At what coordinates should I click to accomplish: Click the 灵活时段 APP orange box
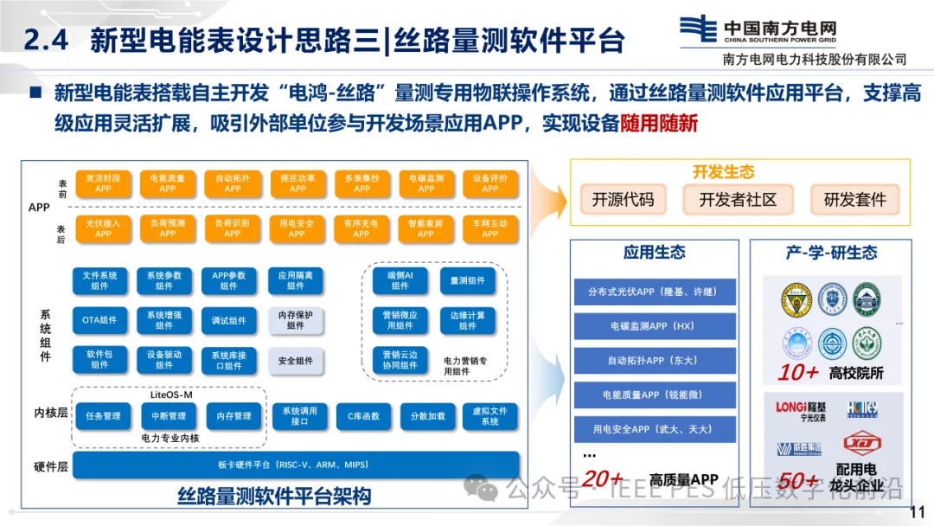[x=103, y=183]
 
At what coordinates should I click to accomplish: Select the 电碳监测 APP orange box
[x=426, y=183]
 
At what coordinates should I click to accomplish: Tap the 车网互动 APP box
[x=490, y=228]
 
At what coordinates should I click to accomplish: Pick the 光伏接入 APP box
[x=103, y=228]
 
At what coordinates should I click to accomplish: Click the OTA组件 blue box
[x=99, y=320]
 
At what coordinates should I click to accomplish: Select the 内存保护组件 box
[x=296, y=320]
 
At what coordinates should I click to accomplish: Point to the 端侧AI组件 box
[x=400, y=280]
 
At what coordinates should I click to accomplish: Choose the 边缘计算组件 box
[x=468, y=320]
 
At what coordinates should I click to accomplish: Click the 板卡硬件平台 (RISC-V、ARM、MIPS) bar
[x=296, y=465]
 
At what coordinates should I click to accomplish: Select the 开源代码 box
[x=623, y=200]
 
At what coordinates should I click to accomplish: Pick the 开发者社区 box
[x=738, y=200]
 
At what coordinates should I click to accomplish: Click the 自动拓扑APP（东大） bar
[x=654, y=360]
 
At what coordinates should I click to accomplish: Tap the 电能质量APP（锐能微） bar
[x=654, y=394]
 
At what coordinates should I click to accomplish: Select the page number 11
[x=917, y=511]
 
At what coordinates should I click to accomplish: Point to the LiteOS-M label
[x=171, y=394]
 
